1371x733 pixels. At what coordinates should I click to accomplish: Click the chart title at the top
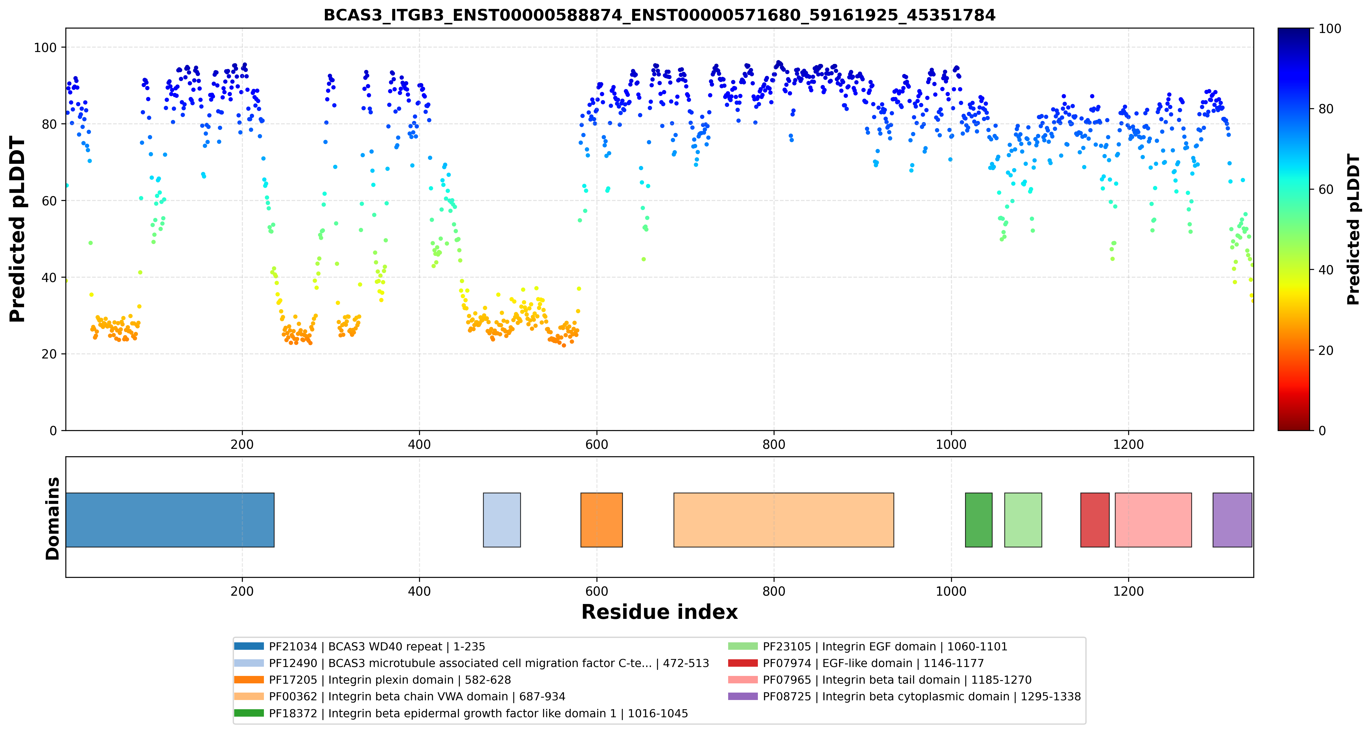point(659,15)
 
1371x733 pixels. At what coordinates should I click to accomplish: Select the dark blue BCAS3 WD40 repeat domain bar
point(170,520)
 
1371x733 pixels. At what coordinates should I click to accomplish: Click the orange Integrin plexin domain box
point(602,520)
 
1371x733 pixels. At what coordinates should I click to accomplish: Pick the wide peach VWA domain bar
point(783,520)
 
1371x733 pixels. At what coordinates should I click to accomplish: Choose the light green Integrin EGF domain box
point(1023,520)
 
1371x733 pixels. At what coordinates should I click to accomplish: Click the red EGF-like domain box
point(1095,520)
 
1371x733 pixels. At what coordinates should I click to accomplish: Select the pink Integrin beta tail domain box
point(1153,520)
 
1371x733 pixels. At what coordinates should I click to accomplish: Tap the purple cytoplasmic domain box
point(1232,520)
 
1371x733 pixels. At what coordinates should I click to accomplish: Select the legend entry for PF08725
point(904,696)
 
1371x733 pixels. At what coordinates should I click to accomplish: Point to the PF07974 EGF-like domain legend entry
point(856,663)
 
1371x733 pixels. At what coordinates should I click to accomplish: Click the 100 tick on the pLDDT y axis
point(45,47)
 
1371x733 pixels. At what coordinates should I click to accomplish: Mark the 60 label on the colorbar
point(1325,190)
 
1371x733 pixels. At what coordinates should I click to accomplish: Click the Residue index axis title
point(659,612)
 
